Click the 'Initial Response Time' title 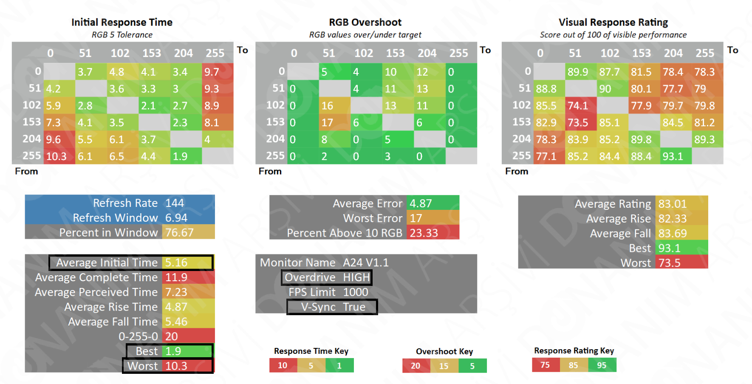coord(122,22)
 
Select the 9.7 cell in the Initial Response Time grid coord(217,72)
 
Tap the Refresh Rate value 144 coord(175,203)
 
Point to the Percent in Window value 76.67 coord(179,233)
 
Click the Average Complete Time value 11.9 coord(176,277)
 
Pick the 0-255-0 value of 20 coord(172,336)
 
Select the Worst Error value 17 coord(416,218)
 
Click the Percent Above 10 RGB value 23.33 coord(424,233)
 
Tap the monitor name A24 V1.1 coord(366,263)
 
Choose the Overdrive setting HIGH coord(356,277)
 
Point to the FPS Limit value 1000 coord(356,292)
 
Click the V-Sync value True coord(354,307)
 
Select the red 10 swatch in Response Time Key coord(283,365)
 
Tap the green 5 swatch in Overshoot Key coord(472,366)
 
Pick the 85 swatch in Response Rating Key coord(574,365)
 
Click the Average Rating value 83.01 coord(673,204)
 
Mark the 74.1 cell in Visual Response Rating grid coord(578,106)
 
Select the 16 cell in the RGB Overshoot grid coord(327,106)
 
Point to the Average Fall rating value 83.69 coord(673,233)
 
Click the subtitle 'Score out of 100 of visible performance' coord(613,35)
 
